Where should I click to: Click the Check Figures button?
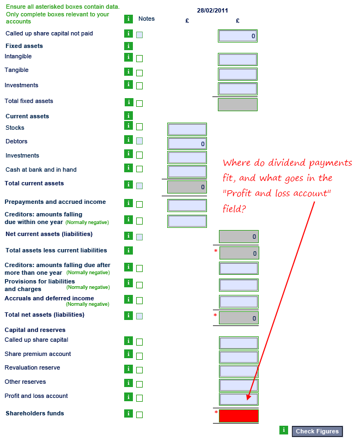(317, 431)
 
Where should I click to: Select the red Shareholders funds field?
(239, 415)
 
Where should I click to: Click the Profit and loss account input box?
(239, 399)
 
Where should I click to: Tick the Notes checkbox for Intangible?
(139, 58)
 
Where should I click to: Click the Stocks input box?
(187, 129)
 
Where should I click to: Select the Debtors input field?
(187, 143)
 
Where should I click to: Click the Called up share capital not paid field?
(237, 36)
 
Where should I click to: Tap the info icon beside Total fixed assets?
(129, 102)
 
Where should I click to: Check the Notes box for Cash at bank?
(139, 169)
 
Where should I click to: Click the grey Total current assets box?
(187, 187)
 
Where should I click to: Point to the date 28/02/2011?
(213, 10)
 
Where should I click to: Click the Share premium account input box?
(239, 357)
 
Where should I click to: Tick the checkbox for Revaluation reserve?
(139, 370)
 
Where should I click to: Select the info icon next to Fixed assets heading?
(129, 46)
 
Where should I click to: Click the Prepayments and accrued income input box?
(187, 206)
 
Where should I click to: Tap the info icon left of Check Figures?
(283, 430)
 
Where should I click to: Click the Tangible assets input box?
(237, 74)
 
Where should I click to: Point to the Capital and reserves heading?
(35, 330)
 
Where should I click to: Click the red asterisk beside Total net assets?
(215, 315)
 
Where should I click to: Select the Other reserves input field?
(239, 385)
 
